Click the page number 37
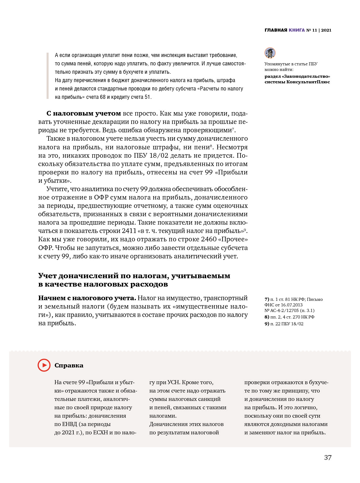pyautogui.click(x=328, y=458)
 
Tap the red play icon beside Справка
pyautogui.click(x=44, y=365)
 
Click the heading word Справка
pyautogui.click(x=69, y=366)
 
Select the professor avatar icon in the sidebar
pyautogui.click(x=270, y=53)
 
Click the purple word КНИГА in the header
pyautogui.click(x=297, y=30)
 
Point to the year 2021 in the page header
pyautogui.click(x=326, y=30)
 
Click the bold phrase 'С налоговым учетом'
pyautogui.click(x=84, y=113)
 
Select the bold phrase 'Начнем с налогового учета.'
pyautogui.click(x=87, y=298)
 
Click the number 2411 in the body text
pyautogui.click(x=129, y=231)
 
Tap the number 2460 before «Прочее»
pyautogui.click(x=209, y=239)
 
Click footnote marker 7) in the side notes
pyautogui.click(x=267, y=299)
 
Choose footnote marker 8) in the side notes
pyautogui.click(x=267, y=317)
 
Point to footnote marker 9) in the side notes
pyautogui.click(x=267, y=324)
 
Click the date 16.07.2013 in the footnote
pyautogui.click(x=292, y=305)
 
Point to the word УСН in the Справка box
pyautogui.click(x=173, y=382)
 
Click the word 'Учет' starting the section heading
pyautogui.click(x=47, y=276)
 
